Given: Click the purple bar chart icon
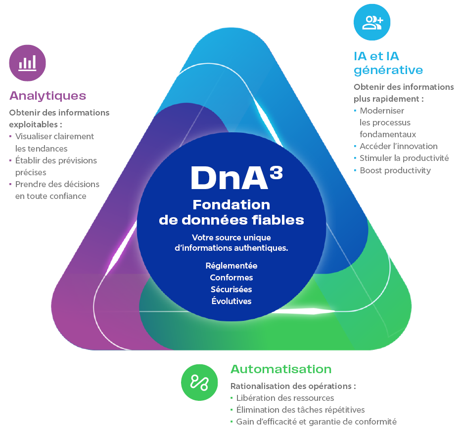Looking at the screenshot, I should tap(27, 63).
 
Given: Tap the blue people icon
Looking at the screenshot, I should tap(372, 22).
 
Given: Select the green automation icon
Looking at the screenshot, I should tap(199, 382).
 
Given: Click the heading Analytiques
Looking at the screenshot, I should tap(47, 95).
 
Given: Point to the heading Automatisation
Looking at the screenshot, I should tap(280, 369).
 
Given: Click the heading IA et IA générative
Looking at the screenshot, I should tap(388, 63).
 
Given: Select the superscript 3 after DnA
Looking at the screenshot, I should tap(276, 170).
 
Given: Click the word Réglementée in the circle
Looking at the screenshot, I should tap(231, 266).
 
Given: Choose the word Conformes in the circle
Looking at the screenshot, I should tap(231, 277).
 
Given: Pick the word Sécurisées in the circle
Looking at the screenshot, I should tap(231, 289).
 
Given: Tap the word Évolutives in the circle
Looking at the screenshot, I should tap(231, 301).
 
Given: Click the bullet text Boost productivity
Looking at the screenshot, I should tap(395, 170).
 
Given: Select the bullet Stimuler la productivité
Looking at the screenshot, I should tap(404, 158).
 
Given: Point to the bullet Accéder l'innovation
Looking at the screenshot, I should tap(398, 146).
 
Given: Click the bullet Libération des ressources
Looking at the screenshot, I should tap(285, 398).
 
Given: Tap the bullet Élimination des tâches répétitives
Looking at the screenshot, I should tap(300, 410).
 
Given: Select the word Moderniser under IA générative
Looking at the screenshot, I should tap(382, 111).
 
